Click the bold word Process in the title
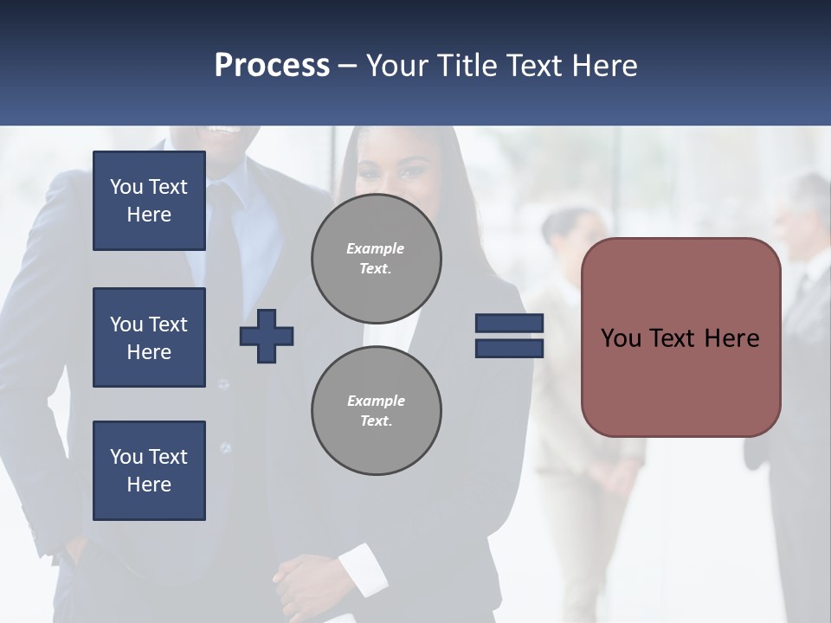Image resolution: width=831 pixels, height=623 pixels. [x=272, y=66]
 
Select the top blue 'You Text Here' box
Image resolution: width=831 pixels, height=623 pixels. [x=149, y=201]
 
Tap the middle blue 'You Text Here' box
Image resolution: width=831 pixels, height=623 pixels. [x=149, y=337]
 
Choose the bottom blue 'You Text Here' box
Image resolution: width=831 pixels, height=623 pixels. [x=149, y=471]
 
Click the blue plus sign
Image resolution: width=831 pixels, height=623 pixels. [x=267, y=336]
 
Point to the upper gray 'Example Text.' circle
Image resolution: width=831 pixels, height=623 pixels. [x=376, y=259]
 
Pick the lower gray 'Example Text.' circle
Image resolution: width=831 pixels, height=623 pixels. [x=376, y=411]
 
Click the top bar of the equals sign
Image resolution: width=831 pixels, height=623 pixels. [x=509, y=324]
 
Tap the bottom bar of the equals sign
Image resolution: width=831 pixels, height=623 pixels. [x=509, y=348]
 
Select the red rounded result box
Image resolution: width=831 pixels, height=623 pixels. [x=680, y=337]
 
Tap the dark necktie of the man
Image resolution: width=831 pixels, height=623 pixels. [x=222, y=234]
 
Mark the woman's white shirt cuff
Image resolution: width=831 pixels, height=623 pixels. [x=364, y=569]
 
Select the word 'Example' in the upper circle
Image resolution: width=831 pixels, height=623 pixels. [x=376, y=248]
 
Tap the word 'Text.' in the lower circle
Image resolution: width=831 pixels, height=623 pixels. [x=376, y=421]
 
